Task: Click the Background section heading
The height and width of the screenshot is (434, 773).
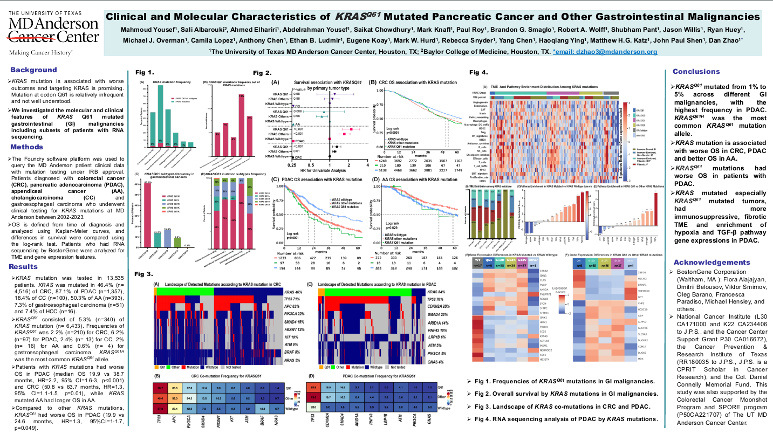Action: [33, 70]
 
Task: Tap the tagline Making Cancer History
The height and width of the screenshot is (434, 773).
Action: [40, 53]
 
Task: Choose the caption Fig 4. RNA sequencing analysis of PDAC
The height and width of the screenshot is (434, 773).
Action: [562, 418]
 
